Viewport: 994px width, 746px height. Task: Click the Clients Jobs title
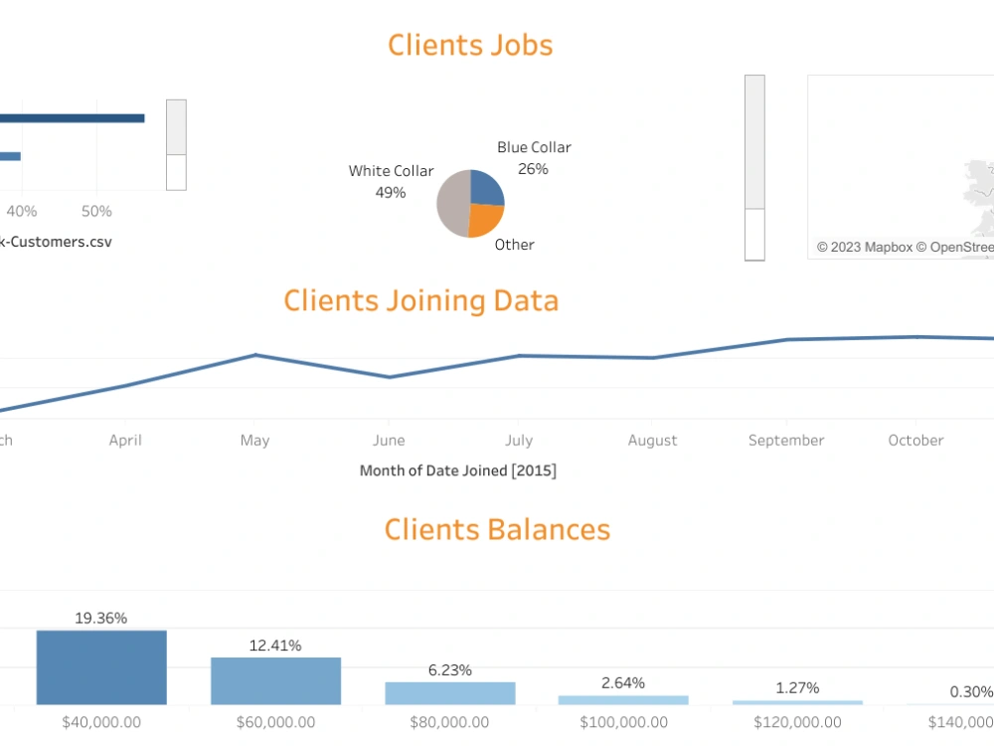[x=470, y=45]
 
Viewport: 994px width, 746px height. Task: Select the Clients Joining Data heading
[x=420, y=300]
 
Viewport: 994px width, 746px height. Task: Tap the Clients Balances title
[x=497, y=529]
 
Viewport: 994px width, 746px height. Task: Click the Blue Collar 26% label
[x=534, y=158]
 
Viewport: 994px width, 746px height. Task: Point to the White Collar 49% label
[x=391, y=181]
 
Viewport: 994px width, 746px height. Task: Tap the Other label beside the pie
[x=514, y=245]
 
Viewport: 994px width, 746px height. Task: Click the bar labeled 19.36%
[x=101, y=667]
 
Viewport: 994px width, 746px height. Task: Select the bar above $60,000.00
[x=275, y=681]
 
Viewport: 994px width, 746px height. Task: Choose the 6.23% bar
[x=450, y=693]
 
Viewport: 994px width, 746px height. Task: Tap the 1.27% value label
[x=797, y=687]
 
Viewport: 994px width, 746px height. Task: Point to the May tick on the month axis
[x=254, y=441]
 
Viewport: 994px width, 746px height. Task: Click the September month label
[x=786, y=441]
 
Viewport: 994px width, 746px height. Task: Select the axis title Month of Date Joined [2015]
[x=458, y=470]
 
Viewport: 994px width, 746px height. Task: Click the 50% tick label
[x=96, y=211]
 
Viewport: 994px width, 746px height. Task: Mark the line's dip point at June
[x=389, y=377]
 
